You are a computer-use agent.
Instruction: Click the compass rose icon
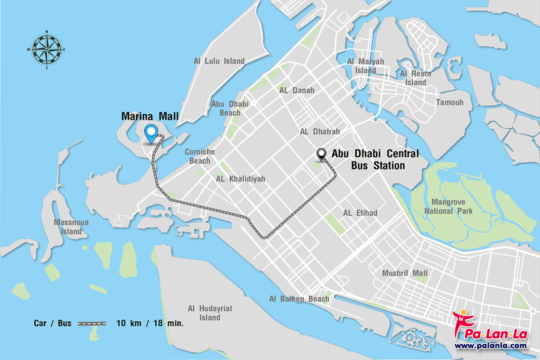46,49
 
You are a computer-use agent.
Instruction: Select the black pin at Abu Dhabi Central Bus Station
321,154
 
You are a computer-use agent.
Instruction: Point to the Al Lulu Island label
219,61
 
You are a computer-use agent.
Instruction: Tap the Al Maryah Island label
365,66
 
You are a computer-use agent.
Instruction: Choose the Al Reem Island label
415,78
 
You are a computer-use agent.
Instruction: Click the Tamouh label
449,102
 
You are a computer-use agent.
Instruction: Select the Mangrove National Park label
448,206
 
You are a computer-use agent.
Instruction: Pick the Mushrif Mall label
404,273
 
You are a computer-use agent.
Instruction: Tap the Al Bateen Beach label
299,299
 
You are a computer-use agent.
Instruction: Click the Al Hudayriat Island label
209,313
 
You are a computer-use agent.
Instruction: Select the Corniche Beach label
199,156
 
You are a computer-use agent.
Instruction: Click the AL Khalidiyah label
240,178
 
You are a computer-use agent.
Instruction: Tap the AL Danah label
297,90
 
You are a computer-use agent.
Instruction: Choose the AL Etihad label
360,213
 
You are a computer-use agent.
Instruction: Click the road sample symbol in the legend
91,323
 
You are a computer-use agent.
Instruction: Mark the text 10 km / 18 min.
150,323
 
